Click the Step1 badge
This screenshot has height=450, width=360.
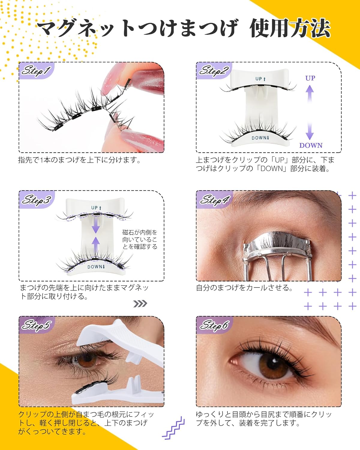click(35, 71)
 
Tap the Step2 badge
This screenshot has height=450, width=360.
click(214, 71)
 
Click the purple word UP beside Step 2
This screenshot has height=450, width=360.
click(310, 78)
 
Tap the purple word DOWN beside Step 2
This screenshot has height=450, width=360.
click(311, 145)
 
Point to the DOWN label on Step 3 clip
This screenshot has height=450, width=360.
click(96, 267)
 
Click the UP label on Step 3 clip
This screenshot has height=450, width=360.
click(96, 208)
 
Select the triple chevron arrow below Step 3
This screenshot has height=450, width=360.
click(140, 304)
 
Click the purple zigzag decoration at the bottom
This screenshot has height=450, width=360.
click(173, 427)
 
